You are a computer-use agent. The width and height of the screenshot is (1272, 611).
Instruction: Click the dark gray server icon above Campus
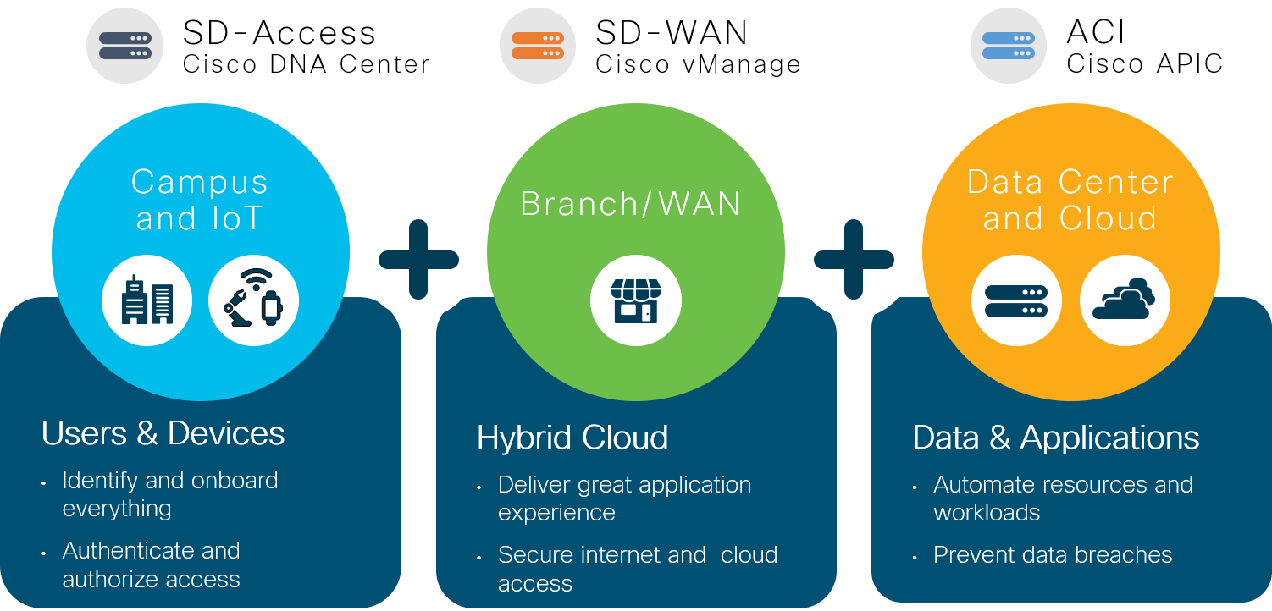point(124,46)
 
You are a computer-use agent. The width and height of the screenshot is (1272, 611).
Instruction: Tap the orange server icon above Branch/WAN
point(537,46)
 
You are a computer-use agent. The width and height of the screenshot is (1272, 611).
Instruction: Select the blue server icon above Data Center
point(1008,46)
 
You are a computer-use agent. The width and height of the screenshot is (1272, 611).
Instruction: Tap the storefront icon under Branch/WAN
point(635,300)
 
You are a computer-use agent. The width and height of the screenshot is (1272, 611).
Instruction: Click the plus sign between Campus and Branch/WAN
point(418,260)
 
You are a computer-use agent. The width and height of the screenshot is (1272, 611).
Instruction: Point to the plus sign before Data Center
point(854,260)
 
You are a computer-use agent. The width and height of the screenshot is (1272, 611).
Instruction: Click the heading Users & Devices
point(163,433)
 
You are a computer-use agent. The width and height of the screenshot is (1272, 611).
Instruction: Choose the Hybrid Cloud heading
point(572,438)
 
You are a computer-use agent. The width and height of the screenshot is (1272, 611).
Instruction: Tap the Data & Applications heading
point(1055,438)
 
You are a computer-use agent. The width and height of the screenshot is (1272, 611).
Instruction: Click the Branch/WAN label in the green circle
point(630,204)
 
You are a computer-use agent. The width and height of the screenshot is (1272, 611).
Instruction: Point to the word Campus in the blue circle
point(200,182)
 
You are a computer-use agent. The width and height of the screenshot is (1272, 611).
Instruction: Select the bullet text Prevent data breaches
point(1053,555)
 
